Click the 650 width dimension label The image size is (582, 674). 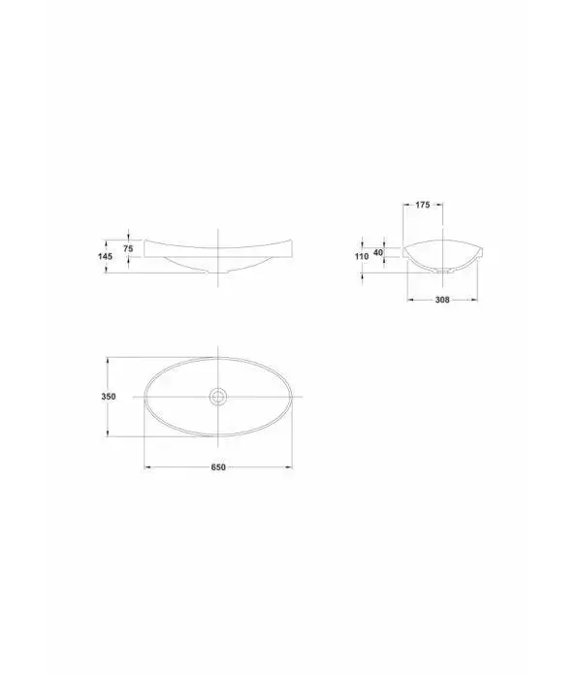pos(218,467)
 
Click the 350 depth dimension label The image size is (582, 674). pos(109,397)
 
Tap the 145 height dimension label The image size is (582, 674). pos(106,256)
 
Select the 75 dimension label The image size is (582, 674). pos(128,248)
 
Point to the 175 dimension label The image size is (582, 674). pos(423,205)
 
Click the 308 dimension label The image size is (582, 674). pos(442,300)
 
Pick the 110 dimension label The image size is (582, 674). pos(362,256)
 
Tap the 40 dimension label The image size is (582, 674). pos(378,252)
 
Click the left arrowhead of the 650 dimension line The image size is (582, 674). pos(146,466)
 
